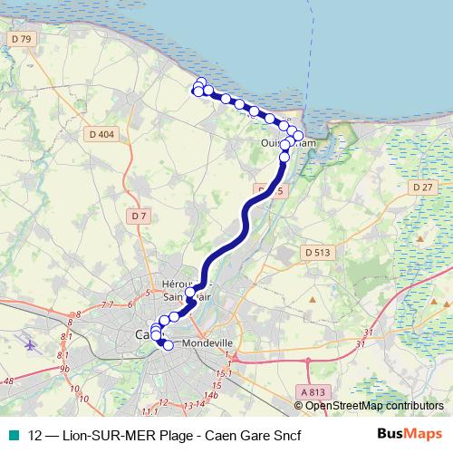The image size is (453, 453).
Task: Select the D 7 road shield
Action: coord(138,216)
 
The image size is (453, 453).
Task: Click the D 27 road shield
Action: coord(421,187)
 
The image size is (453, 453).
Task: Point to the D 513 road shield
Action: coord(317,252)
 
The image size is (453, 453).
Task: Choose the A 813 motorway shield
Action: coord(310,390)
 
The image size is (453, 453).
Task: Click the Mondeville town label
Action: coord(208,344)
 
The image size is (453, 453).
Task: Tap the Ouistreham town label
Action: coord(288,143)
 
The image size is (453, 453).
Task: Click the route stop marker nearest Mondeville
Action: coord(168,345)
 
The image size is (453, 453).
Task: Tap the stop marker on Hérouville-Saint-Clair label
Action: coord(190,293)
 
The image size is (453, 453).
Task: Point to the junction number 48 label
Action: coord(7,381)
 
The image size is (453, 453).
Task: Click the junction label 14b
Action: coord(212,395)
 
